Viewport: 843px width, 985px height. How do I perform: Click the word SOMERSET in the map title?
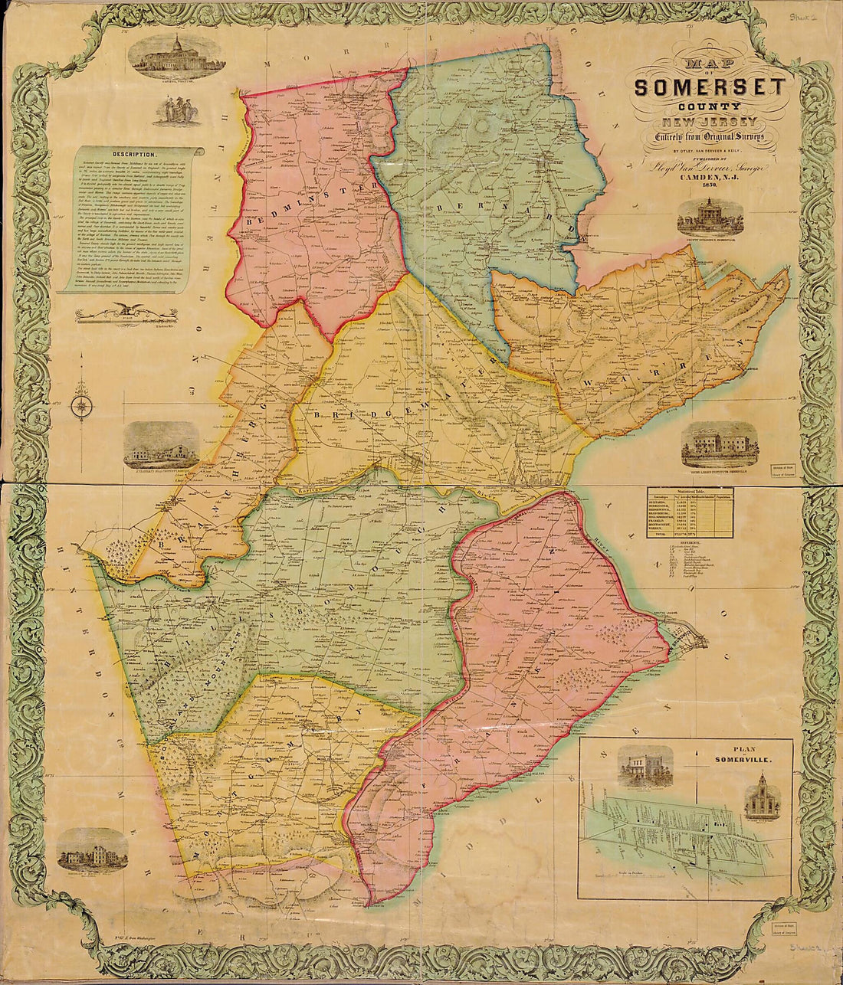tap(709, 87)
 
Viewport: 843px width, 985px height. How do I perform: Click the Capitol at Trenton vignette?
tap(176, 57)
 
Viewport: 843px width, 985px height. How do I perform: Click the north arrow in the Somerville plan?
tap(695, 758)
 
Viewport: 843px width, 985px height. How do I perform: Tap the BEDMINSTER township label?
tap(307, 207)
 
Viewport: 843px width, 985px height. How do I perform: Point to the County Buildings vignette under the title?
tap(710, 218)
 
